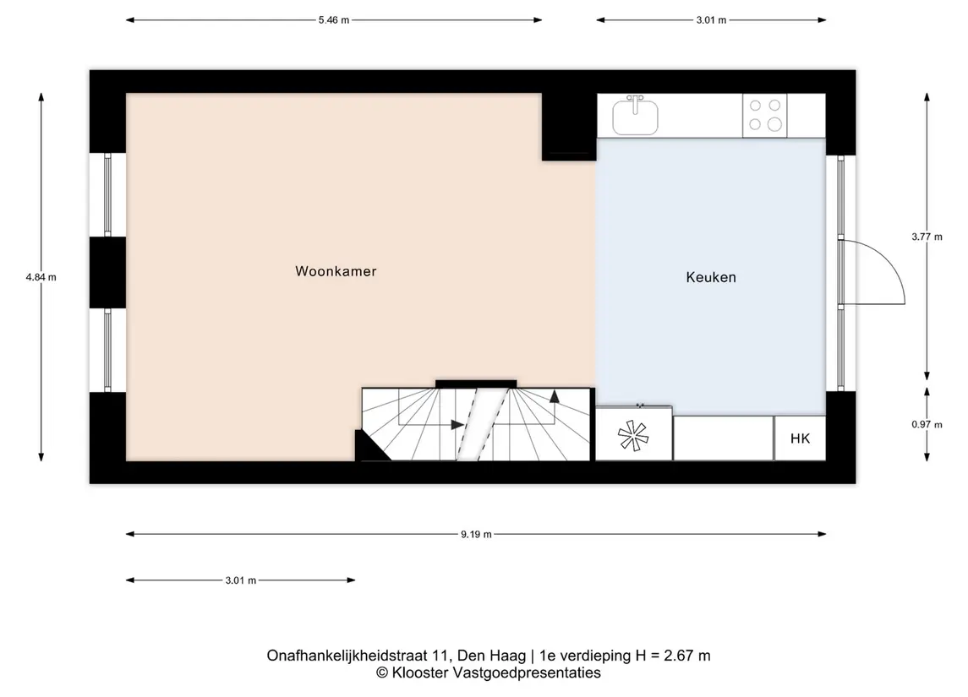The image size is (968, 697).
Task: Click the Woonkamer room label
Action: [336, 271]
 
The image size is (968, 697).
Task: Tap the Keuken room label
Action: [711, 278]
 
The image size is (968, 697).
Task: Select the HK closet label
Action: [800, 438]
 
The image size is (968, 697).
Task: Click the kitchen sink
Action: [635, 116]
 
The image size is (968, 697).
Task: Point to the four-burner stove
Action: [765, 116]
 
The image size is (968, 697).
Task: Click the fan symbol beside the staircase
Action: [633, 435]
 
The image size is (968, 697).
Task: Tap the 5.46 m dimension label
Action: [334, 19]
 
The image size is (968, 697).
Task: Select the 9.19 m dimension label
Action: [476, 534]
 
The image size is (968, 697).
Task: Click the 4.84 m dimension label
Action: [41, 278]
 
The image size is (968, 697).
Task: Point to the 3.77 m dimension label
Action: [927, 237]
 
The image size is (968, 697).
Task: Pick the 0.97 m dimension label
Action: [927, 424]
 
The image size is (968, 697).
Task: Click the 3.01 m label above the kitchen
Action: [711, 19]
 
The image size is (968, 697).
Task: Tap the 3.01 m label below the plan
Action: [241, 580]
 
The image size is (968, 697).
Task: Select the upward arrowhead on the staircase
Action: [555, 396]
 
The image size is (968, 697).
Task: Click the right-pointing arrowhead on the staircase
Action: [457, 425]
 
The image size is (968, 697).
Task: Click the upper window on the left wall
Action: [107, 195]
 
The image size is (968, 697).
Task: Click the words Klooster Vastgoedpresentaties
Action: [496, 673]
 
